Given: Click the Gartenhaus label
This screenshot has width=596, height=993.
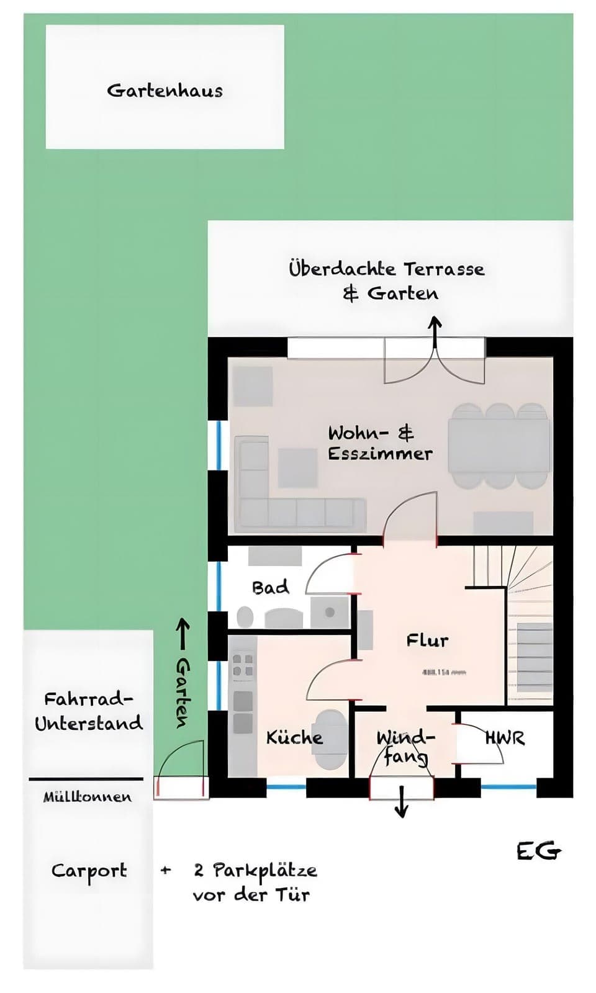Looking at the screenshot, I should click(165, 91).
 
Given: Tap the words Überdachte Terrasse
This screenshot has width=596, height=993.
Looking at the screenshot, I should click(386, 269).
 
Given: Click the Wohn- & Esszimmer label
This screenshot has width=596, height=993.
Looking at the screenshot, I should click(380, 443).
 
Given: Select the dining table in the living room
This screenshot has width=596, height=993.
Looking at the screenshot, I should click(499, 446).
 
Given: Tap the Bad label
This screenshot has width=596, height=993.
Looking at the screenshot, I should click(271, 587).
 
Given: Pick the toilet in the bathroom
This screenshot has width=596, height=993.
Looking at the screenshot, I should click(245, 617).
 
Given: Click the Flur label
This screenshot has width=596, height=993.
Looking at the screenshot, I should click(427, 640).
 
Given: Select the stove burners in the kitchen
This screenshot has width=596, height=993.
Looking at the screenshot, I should click(242, 664).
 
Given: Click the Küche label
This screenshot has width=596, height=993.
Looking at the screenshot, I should click(294, 737).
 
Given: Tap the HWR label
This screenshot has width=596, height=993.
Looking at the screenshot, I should click(505, 738).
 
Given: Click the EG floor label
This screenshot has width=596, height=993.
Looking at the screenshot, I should click(538, 851).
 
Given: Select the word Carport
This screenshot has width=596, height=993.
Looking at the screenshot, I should click(89, 871).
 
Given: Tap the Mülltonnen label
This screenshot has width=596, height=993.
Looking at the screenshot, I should click(87, 797).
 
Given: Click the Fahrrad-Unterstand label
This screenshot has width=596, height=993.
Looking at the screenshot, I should click(88, 711).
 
